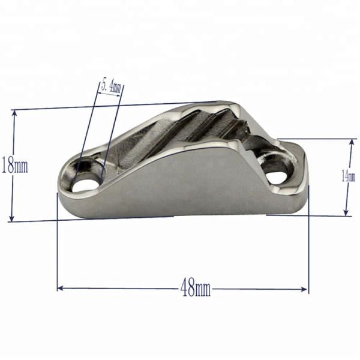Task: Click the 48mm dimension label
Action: (x=196, y=289)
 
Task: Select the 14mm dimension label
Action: (x=344, y=175)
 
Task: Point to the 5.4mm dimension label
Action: (x=112, y=86)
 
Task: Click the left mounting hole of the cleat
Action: (x=86, y=181)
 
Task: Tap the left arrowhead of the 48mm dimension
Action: (x=60, y=289)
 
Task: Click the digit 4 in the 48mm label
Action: (x=184, y=289)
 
